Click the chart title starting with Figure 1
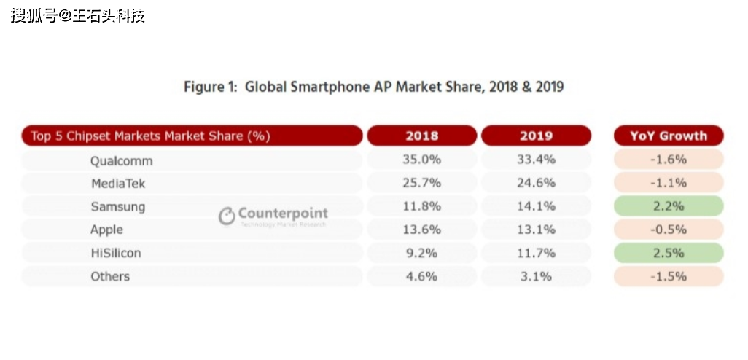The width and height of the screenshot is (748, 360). [373, 87]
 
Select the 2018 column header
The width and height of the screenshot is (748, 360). [421, 136]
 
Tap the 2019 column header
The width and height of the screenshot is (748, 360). [536, 136]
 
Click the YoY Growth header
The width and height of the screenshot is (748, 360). [668, 136]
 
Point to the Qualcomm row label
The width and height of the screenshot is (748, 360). [121, 160]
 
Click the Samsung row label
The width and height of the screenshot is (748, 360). [117, 206]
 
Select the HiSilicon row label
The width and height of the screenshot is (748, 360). [115, 253]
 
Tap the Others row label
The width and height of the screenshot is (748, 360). [110, 276]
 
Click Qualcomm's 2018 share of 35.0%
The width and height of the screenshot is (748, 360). [422, 160]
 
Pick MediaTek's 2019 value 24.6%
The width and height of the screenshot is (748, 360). [537, 183]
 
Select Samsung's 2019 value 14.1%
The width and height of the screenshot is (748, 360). [537, 206]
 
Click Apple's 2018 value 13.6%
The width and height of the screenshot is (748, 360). [422, 230]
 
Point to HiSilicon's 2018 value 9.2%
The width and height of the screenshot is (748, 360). [422, 253]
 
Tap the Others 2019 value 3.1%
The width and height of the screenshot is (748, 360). [537, 276]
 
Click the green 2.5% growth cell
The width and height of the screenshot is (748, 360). [669, 253]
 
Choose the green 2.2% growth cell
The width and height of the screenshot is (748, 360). [669, 206]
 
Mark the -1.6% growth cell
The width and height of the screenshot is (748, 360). [669, 160]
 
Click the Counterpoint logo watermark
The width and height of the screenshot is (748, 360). [274, 215]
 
